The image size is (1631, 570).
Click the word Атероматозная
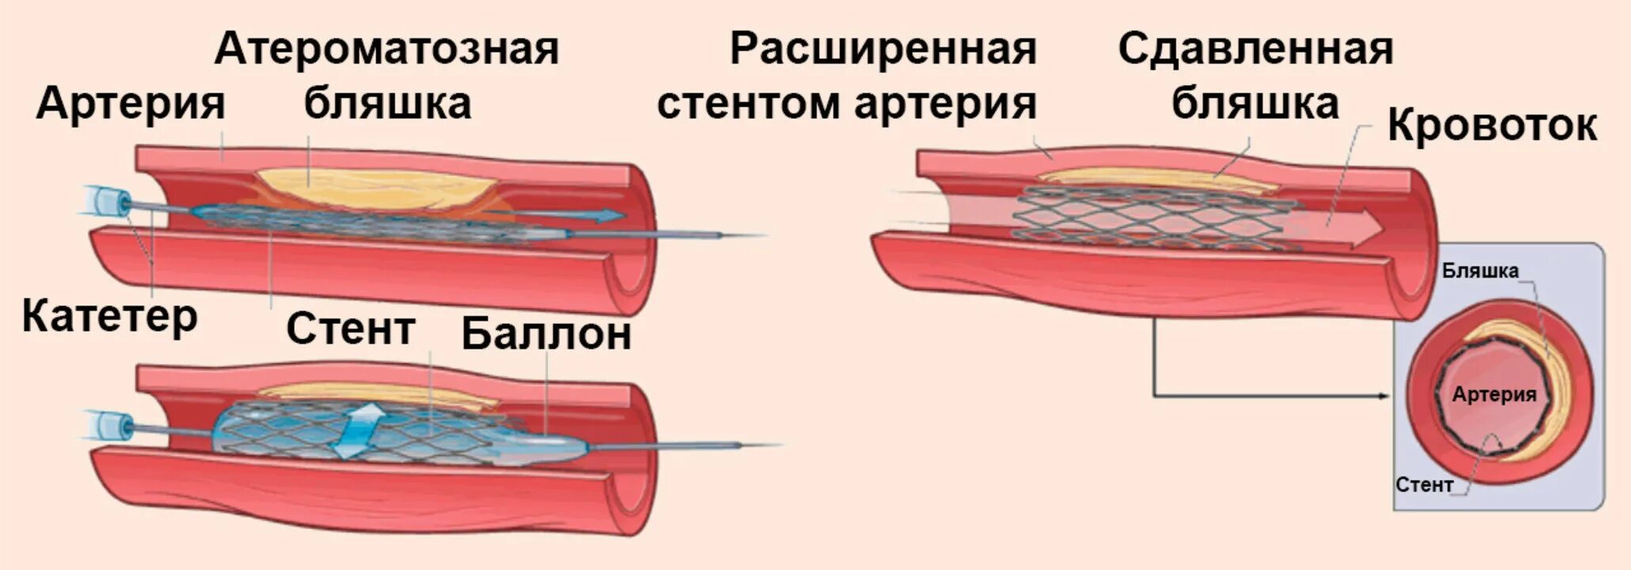[386, 48]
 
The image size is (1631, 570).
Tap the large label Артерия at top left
[131, 104]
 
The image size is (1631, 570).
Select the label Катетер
[109, 317]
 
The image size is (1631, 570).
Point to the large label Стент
[350, 329]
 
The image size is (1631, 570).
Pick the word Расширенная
[883, 48]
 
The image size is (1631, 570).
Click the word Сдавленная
[1256, 48]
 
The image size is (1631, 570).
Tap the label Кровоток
[1492, 126]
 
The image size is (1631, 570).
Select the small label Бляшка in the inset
[1480, 272]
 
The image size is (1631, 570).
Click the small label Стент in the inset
[1424, 484]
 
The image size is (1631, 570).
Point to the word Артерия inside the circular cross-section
[1494, 394]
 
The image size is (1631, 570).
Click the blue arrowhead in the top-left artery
[610, 215]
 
